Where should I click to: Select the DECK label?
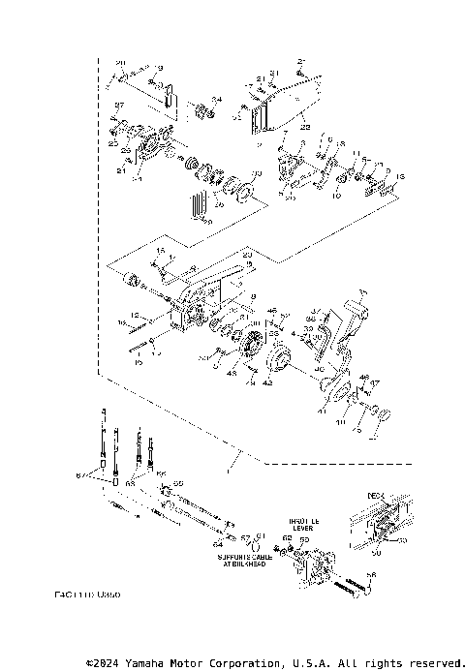click(x=376, y=494)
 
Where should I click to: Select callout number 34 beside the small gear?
click(x=217, y=99)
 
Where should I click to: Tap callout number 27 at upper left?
click(x=120, y=105)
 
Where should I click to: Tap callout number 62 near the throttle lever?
click(x=287, y=537)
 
